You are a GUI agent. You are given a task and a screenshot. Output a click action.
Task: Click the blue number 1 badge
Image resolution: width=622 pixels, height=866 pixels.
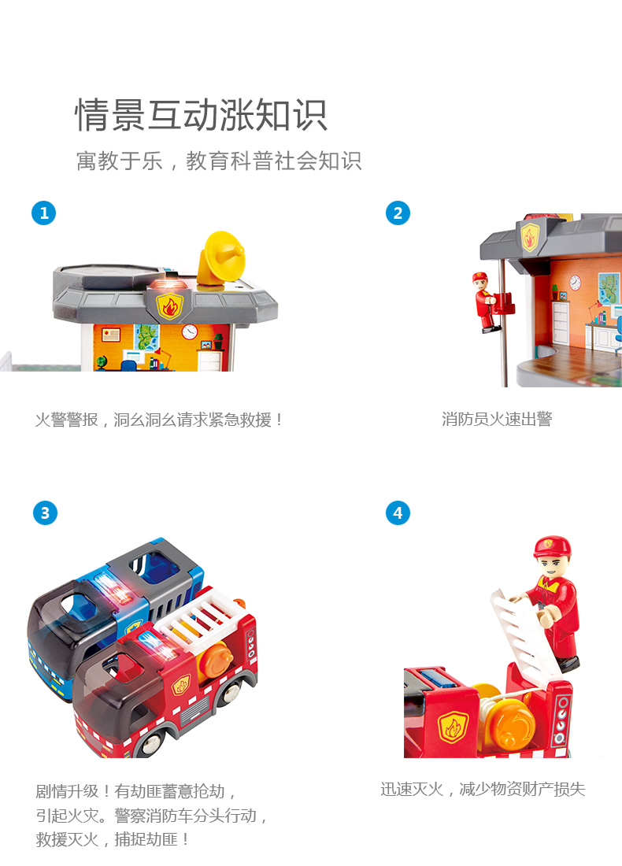coord(44,213)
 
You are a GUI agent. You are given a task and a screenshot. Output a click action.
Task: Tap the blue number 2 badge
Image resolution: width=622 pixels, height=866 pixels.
coord(398,213)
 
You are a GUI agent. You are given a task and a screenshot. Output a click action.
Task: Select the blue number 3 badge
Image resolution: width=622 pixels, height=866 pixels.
coord(45,513)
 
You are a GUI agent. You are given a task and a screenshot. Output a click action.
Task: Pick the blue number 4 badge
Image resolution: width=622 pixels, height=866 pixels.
coord(398,513)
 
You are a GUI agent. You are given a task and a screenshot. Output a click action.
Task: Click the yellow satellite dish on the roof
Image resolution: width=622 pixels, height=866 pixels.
coord(221,258)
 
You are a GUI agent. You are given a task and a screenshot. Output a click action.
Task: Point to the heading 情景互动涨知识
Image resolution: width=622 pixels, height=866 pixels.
coord(201,115)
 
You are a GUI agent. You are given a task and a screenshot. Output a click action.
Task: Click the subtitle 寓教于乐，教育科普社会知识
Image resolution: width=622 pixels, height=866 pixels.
coord(219,161)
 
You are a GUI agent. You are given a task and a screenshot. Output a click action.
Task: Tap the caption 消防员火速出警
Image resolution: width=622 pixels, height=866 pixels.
coord(497,419)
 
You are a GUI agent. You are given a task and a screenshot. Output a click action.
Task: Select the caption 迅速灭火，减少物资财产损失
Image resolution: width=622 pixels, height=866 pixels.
coord(483,789)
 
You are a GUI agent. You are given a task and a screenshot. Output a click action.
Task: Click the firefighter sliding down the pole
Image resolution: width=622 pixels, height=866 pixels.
coord(486,302)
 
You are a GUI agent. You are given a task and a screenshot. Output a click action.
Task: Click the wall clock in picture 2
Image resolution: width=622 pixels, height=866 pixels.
coord(575,282)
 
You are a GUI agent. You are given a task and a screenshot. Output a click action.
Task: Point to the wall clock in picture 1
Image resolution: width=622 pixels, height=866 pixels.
coord(190,331)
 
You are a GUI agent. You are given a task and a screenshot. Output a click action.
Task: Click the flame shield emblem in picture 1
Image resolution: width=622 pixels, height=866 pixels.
coord(169,306)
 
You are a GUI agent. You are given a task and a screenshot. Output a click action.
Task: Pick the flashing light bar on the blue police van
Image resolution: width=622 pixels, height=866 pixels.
coord(114,589)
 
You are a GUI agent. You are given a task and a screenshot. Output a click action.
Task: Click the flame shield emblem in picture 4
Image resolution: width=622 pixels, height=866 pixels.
coord(453,727)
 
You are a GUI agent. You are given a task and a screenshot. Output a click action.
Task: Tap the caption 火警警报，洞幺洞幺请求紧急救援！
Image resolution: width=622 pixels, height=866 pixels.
coord(159,420)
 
